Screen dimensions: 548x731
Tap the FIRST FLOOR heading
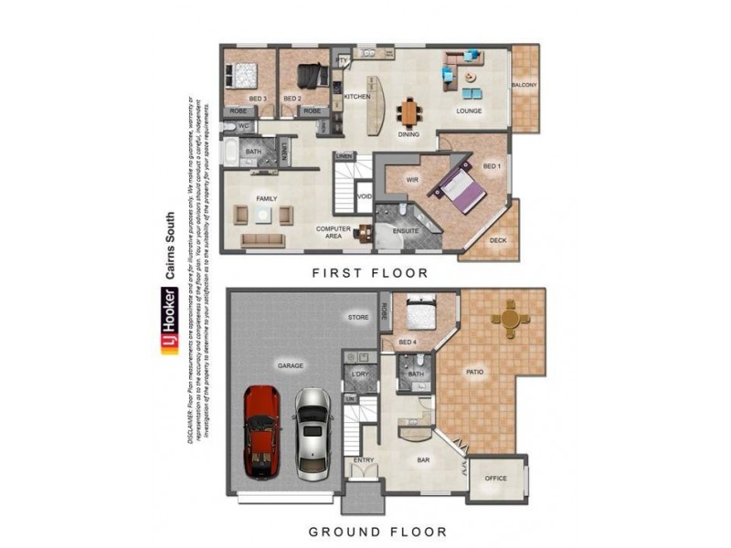point(370,272)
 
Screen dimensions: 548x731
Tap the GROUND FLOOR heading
point(376,531)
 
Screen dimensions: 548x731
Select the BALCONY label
point(524,86)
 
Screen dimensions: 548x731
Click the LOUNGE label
point(469,111)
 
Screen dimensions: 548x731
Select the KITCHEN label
point(355,96)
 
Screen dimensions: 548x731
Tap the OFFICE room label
point(496,478)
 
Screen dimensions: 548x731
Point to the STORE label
point(357,318)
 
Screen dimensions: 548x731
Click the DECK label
point(498,241)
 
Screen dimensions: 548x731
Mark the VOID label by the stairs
point(364,196)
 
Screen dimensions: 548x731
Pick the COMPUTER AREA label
point(334,232)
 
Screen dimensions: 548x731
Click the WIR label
point(398,181)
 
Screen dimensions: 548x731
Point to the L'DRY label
point(358,374)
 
